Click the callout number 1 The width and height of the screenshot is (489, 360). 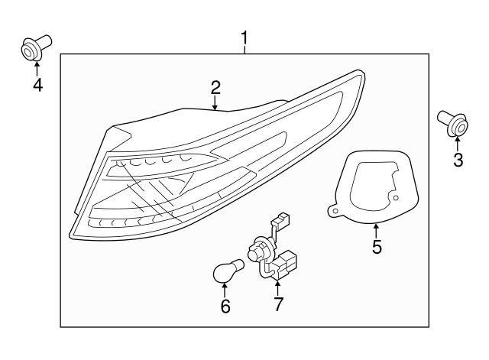coord(245,37)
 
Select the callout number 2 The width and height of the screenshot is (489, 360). coord(215,87)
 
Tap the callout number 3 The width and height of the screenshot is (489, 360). coord(458,160)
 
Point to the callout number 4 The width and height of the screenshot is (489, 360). coord(37,85)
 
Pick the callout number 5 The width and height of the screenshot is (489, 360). coord(377,247)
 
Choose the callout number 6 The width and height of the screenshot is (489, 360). coord(225,306)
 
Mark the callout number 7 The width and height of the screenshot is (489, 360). coord(277,304)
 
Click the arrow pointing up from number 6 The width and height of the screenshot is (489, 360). coord(225,290)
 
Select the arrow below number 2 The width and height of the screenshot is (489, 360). coord(215,103)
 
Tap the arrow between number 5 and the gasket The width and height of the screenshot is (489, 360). coord(377,229)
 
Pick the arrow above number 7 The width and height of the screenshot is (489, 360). coord(277,287)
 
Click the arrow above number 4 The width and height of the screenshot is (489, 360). coord(37,69)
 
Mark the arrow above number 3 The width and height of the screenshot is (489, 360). coord(458,144)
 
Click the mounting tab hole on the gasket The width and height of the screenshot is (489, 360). coord(332,208)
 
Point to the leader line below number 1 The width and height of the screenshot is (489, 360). coord(245,49)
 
